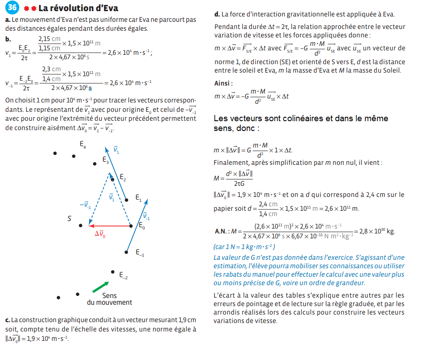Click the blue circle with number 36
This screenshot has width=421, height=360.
pos(13,8)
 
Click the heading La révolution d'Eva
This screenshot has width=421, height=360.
pos(78,8)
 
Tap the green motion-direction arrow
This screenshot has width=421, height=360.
pos(100,287)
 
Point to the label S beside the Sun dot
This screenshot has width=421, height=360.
pos(70,219)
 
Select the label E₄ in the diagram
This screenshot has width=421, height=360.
pos(83,144)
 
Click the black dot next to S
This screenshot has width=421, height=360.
pos(80,226)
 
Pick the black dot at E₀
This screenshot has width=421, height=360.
pos(131,226)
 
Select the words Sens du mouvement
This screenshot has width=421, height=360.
pos(109,299)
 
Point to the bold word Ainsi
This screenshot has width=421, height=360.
pos(224,83)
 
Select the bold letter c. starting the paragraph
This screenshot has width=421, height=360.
pos(8,320)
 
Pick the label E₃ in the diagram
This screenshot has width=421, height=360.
pos(105,160)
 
